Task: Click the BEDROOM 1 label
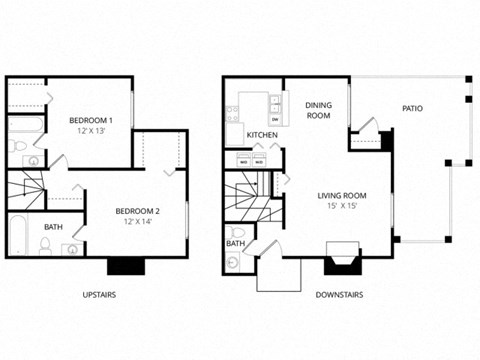[91, 120]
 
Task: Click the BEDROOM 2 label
[137, 210]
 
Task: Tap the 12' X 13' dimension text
[91, 132]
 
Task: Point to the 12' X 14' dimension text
[137, 222]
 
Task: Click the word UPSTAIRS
[102, 295]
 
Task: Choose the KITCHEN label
[262, 134]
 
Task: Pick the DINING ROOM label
[318, 110]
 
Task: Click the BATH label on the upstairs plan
[52, 227]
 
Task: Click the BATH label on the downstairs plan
[236, 243]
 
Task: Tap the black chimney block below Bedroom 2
[127, 265]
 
